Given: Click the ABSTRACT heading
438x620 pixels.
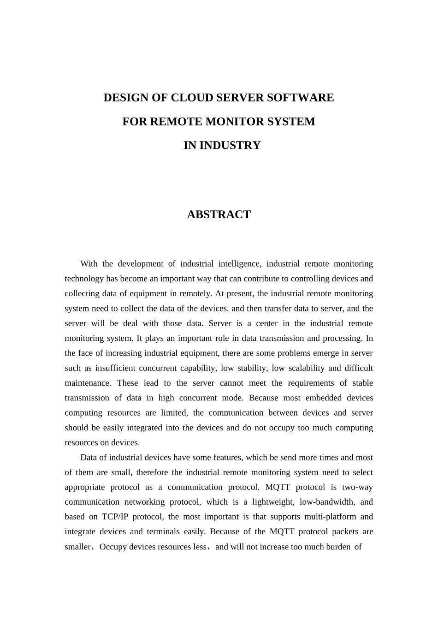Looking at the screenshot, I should click(219, 215).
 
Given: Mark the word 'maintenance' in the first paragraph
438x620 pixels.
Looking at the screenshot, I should click(87, 383).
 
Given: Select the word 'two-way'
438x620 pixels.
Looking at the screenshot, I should click(357, 487).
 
